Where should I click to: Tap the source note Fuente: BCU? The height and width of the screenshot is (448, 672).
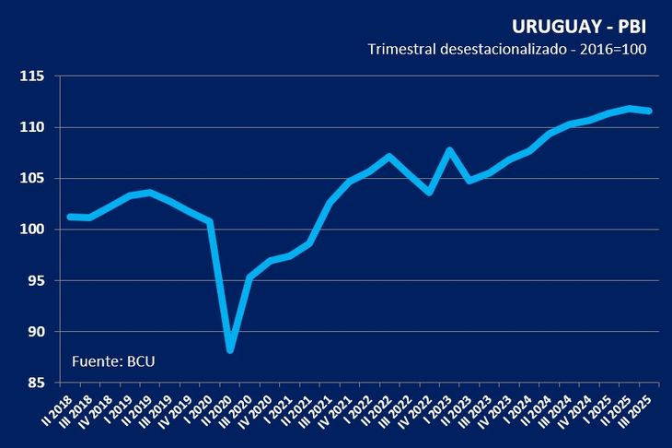click(113, 360)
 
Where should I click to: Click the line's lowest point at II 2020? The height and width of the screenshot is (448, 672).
click(230, 349)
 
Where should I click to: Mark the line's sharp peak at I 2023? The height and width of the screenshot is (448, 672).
click(449, 150)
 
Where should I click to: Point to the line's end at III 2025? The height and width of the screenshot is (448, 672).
click(649, 111)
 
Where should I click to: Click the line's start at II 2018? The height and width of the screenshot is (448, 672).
click(70, 217)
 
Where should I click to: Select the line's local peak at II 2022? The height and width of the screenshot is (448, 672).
click(389, 157)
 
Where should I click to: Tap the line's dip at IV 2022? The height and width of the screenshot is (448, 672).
click(429, 192)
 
